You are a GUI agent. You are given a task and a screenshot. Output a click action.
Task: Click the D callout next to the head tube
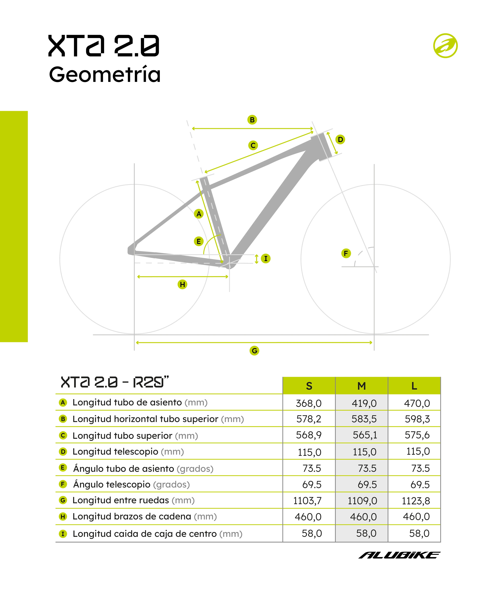coord(340,139)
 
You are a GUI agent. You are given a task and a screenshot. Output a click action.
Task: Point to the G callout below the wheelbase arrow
coord(254,351)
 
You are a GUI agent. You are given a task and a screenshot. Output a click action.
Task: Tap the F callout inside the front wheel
coord(346,253)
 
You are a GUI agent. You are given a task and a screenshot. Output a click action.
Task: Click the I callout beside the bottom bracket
coord(266,258)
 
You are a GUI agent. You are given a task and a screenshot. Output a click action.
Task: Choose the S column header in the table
coord(309,386)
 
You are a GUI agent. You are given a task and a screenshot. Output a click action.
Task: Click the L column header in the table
coord(414,386)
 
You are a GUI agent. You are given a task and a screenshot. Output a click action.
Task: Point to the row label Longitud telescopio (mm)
coord(128,451)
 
